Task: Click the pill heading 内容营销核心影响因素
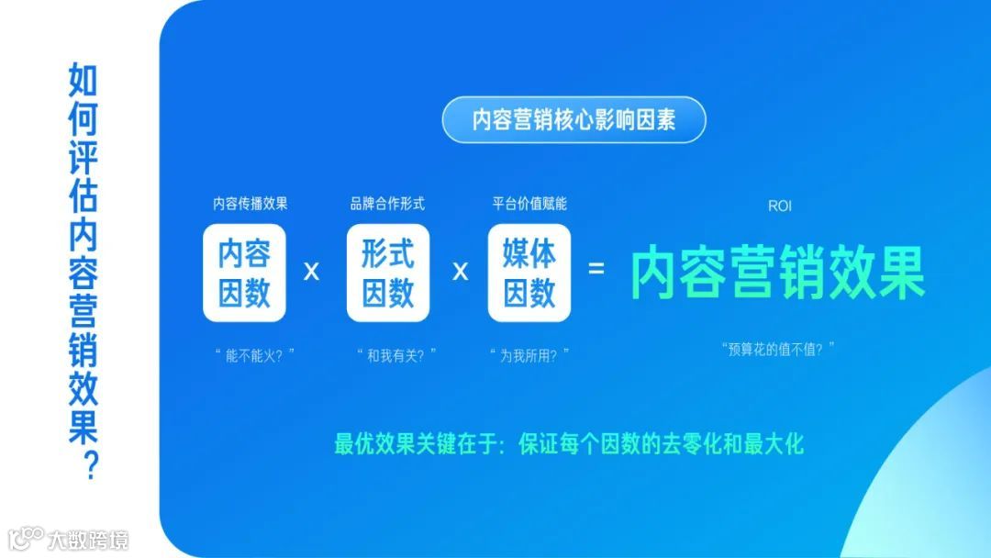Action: (573, 119)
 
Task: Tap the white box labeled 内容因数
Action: (244, 273)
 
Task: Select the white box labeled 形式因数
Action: (387, 273)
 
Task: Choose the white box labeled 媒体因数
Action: (529, 273)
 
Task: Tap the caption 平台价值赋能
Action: (529, 204)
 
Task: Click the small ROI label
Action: (779, 206)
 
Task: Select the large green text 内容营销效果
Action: (778, 272)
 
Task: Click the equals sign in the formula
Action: (596, 270)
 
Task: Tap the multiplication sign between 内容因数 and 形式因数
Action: (312, 272)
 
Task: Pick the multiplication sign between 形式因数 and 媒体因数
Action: (461, 272)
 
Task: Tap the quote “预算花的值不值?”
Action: (778, 349)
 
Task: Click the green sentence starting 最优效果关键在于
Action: (569, 445)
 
